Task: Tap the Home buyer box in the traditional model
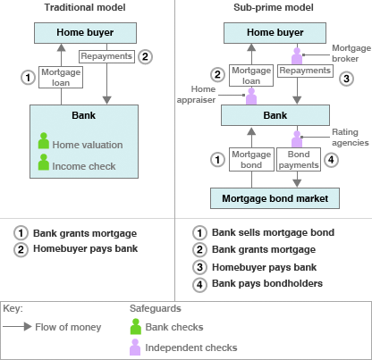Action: [x=85, y=33]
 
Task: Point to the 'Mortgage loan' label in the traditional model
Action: [x=61, y=77]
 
